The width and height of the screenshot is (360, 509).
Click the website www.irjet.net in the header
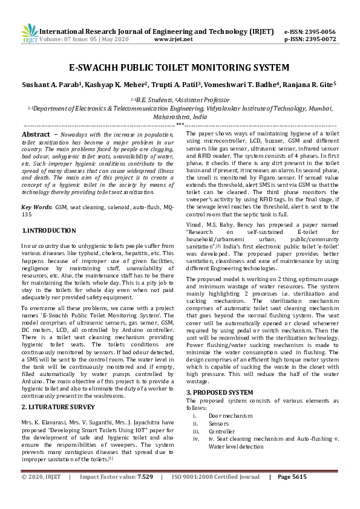point(174,39)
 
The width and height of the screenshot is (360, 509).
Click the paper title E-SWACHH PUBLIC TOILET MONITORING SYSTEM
point(179,68)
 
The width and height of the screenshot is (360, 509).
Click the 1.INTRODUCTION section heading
point(49,230)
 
